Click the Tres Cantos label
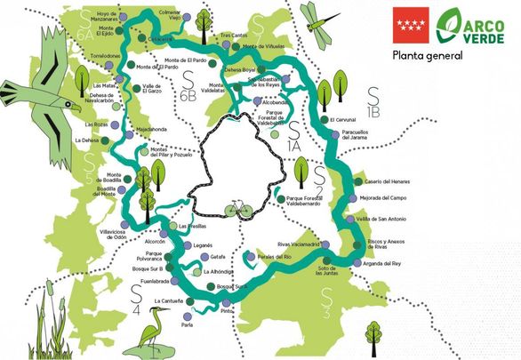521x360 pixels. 235,36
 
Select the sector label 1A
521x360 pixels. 294,148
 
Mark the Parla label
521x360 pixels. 187,324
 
